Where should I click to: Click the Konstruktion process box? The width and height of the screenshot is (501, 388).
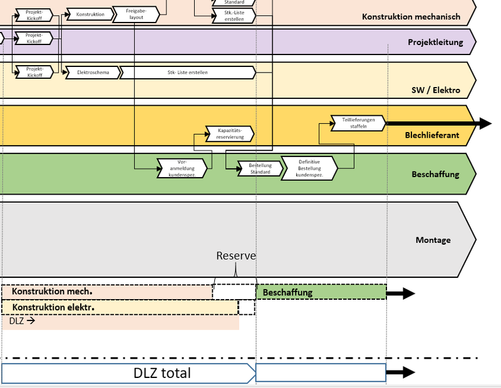pos(90,14)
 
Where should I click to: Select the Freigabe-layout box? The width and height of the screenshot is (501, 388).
pos(136,14)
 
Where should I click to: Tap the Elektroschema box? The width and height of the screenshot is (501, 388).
pos(92,73)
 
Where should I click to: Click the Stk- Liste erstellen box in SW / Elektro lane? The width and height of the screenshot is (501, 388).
pos(188,73)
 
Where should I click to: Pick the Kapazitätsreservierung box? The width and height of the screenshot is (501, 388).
pos(230,133)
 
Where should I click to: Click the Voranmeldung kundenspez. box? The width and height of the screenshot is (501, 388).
pos(182,168)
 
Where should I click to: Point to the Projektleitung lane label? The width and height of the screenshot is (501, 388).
pos(435,43)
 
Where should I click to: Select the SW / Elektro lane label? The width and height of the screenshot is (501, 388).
pos(436,90)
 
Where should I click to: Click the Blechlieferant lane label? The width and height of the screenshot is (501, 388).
pos(432,135)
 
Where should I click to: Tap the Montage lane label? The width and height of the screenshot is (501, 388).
pos(433,240)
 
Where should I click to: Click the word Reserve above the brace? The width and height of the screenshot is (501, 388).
pos(236,256)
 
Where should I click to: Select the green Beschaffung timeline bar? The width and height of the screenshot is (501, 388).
pos(321,292)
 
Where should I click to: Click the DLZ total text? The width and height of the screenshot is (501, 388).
pos(162,374)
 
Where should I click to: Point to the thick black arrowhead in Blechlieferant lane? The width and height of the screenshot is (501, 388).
pos(484,123)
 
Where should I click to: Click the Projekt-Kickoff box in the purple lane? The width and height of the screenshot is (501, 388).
pos(34,39)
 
